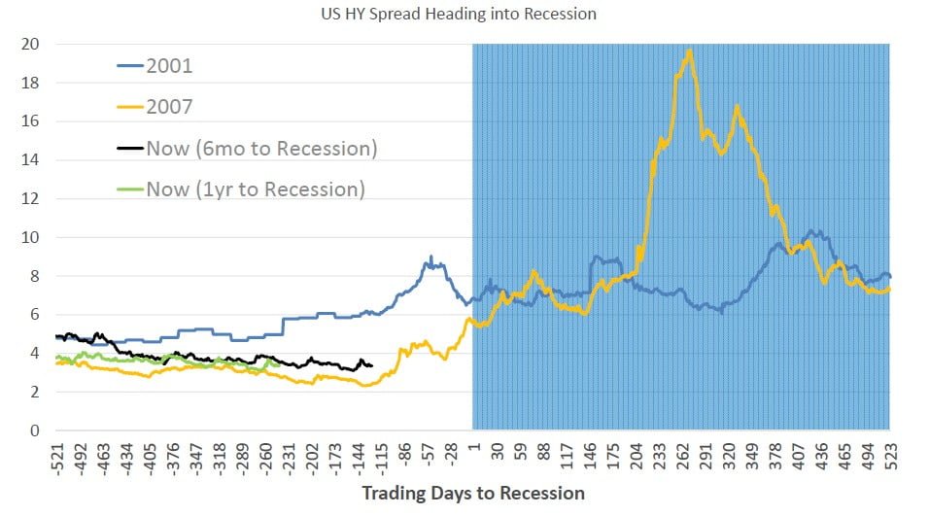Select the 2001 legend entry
pyautogui.click(x=171, y=66)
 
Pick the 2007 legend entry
pyautogui.click(x=171, y=107)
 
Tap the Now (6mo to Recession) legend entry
pyautogui.click(x=260, y=148)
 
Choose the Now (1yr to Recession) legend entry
pyautogui.click(x=255, y=189)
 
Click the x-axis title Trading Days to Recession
pyautogui.click(x=473, y=493)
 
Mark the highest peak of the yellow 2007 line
pyautogui.click(x=689, y=51)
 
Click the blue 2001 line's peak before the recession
pyautogui.click(x=430, y=258)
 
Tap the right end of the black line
pyautogui.click(x=372, y=365)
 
